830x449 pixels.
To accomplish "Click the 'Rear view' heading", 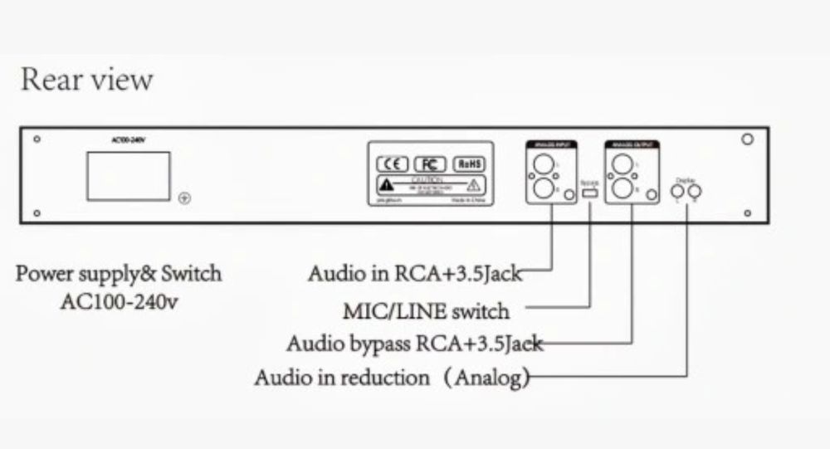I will click(x=86, y=81).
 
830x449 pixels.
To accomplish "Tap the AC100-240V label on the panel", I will click(x=128, y=142).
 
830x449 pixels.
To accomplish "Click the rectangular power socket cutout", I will click(x=129, y=175).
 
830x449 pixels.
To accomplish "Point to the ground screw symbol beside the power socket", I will click(x=185, y=198).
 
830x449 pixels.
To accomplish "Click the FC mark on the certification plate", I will click(x=431, y=163).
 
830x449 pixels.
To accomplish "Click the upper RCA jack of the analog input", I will click(x=544, y=164).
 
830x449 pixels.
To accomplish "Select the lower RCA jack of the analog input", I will click(x=544, y=188).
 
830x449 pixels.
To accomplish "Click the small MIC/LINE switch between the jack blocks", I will click(x=590, y=193).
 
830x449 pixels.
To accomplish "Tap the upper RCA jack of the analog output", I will click(x=622, y=164).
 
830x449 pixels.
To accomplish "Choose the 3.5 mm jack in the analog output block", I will click(x=647, y=194).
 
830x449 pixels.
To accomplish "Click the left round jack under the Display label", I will click(x=677, y=193).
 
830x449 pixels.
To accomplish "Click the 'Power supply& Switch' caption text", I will click(x=119, y=274).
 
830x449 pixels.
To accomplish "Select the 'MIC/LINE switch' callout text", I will click(x=427, y=312).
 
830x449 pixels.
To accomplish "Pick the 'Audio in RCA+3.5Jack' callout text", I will click(x=415, y=273).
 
